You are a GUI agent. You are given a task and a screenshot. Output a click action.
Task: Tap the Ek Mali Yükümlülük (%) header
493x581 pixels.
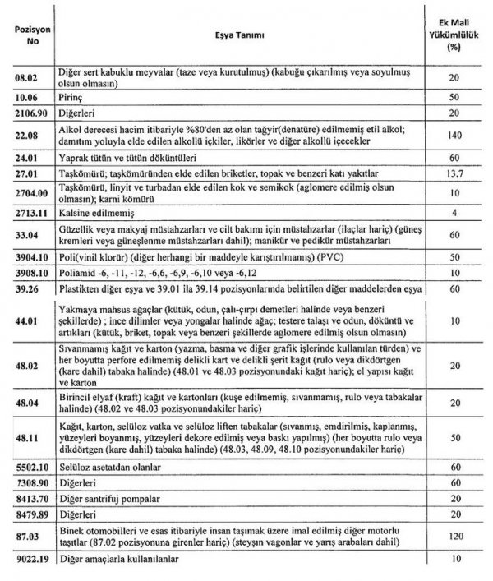[451, 34]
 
